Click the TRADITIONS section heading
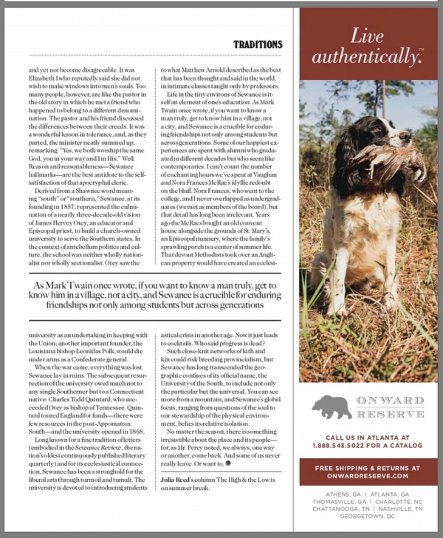tap(258, 45)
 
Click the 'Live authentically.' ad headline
tap(367, 47)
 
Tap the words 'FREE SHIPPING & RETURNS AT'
tap(367, 468)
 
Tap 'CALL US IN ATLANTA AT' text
tap(367, 437)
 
